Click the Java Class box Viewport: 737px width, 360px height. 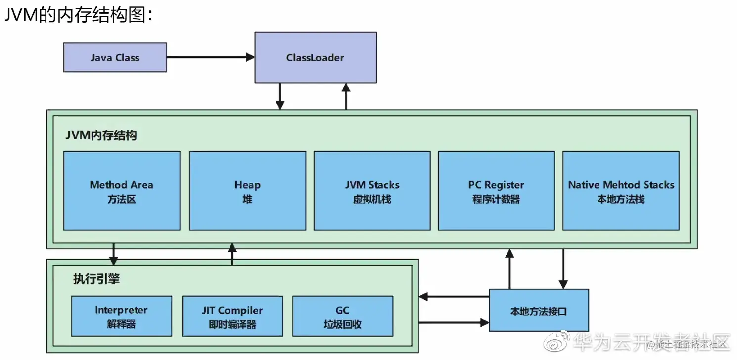[x=115, y=57]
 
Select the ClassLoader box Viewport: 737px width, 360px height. [x=316, y=57]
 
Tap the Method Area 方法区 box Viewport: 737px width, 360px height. [x=122, y=191]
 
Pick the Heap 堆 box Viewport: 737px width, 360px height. [x=247, y=191]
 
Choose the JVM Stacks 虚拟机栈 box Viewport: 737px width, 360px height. [x=372, y=191]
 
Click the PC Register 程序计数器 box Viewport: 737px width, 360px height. [x=496, y=191]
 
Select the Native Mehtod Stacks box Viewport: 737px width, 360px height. [x=621, y=191]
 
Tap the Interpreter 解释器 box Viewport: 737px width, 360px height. [x=121, y=316]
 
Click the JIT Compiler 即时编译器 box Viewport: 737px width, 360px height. [x=232, y=316]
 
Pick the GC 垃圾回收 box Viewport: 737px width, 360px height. [x=343, y=316]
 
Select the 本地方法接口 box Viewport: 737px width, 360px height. [x=539, y=311]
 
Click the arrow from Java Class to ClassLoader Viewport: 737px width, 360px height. [x=210, y=57]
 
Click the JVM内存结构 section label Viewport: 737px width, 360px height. [x=101, y=135]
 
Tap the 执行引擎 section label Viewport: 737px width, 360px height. [x=96, y=279]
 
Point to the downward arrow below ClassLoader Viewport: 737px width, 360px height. [x=280, y=96]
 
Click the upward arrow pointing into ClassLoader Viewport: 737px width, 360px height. [x=346, y=96]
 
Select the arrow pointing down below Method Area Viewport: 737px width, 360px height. [x=114, y=254]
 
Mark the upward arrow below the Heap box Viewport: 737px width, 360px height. [x=232, y=254]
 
